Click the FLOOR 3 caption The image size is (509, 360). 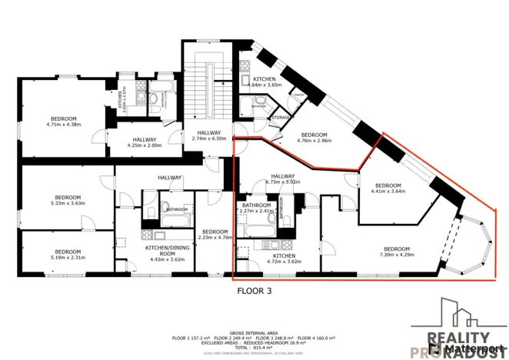pos(253,291)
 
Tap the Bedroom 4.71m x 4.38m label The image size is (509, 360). pos(63,121)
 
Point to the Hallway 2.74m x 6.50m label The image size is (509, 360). pos(208,135)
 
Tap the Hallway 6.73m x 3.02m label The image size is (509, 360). pos(282,178)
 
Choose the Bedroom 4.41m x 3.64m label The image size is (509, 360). pos(388,188)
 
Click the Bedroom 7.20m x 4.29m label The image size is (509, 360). pos(397,252)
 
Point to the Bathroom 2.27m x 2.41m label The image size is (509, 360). pos(256,208)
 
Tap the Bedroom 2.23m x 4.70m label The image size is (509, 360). pos(215,235)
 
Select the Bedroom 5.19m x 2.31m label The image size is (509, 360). pos(68,255)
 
